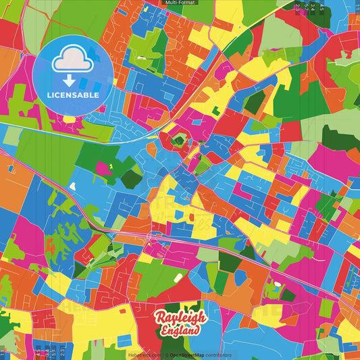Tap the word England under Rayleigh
click(180, 331)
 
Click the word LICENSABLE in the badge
click(74, 95)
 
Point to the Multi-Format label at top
click(180, 3)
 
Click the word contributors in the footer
click(218, 355)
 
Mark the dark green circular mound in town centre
click(178, 140)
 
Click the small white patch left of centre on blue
click(73, 179)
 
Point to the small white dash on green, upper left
click(143, 57)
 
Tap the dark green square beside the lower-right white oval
click(288, 295)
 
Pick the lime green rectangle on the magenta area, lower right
click(326, 307)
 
